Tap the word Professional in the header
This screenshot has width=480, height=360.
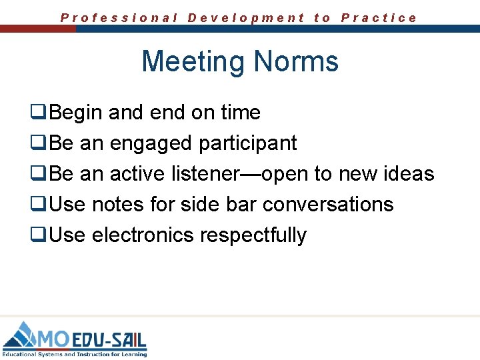[x=119, y=18]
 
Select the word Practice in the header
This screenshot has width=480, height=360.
[x=379, y=18]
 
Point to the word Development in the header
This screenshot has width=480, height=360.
[x=246, y=18]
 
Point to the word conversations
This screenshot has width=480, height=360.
[x=328, y=205]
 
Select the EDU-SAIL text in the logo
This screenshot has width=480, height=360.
[x=109, y=339]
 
